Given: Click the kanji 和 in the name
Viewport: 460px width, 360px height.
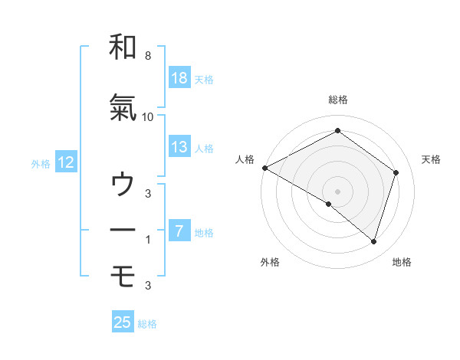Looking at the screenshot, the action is (123, 47).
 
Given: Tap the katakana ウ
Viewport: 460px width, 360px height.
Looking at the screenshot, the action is (123, 185).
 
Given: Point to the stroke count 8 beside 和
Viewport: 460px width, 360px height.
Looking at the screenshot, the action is (147, 57).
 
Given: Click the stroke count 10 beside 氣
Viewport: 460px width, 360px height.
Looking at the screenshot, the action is (148, 117).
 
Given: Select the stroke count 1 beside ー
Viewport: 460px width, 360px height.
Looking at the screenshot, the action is (147, 240).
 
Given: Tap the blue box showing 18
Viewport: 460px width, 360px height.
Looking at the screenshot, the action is (179, 78).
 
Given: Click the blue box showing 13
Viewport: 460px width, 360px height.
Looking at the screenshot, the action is (179, 147).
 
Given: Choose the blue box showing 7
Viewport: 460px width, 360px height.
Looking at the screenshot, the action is (179, 231).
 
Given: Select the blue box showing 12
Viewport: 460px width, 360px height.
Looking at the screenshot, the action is (66, 162).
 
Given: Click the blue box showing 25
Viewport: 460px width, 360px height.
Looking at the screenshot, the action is (123, 322).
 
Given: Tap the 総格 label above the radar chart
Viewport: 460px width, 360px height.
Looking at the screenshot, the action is (337, 100).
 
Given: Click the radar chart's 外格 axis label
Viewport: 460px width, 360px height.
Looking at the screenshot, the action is (270, 262).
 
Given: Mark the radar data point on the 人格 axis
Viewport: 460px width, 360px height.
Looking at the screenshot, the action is (264, 168).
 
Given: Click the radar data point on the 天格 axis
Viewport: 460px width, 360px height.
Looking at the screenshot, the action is (396, 172).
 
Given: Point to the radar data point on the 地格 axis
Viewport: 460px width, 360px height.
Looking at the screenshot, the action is (373, 241).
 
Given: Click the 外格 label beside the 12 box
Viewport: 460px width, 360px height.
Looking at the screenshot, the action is (41, 163).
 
